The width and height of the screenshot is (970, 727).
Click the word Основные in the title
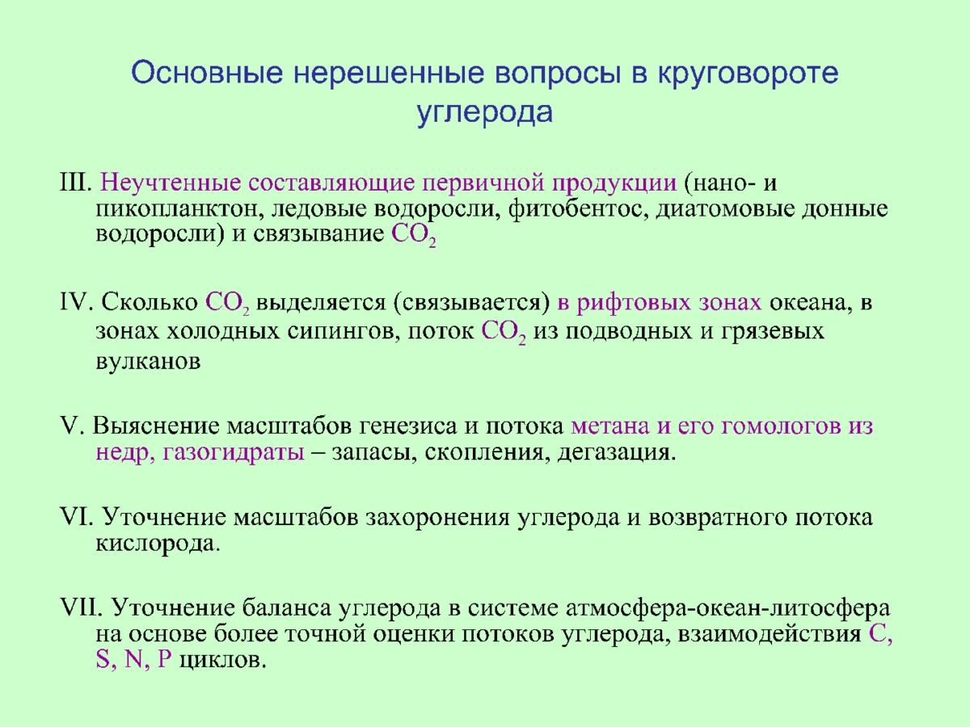point(207,73)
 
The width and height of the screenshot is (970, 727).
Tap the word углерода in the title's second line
point(485,113)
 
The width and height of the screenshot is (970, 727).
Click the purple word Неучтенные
point(171,183)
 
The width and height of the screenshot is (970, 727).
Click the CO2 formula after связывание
point(414,236)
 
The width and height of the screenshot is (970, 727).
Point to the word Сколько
point(150,302)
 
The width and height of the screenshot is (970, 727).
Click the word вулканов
point(149,363)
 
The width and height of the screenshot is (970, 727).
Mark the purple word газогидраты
point(234,453)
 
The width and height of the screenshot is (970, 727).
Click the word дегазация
point(617,453)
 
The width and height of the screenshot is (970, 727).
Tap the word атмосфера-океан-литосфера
point(727,609)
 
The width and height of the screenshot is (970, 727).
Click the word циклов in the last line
point(223,662)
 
